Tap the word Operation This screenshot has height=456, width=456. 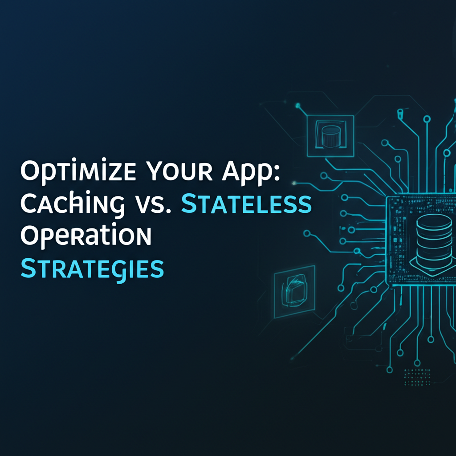coord(86,236)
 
